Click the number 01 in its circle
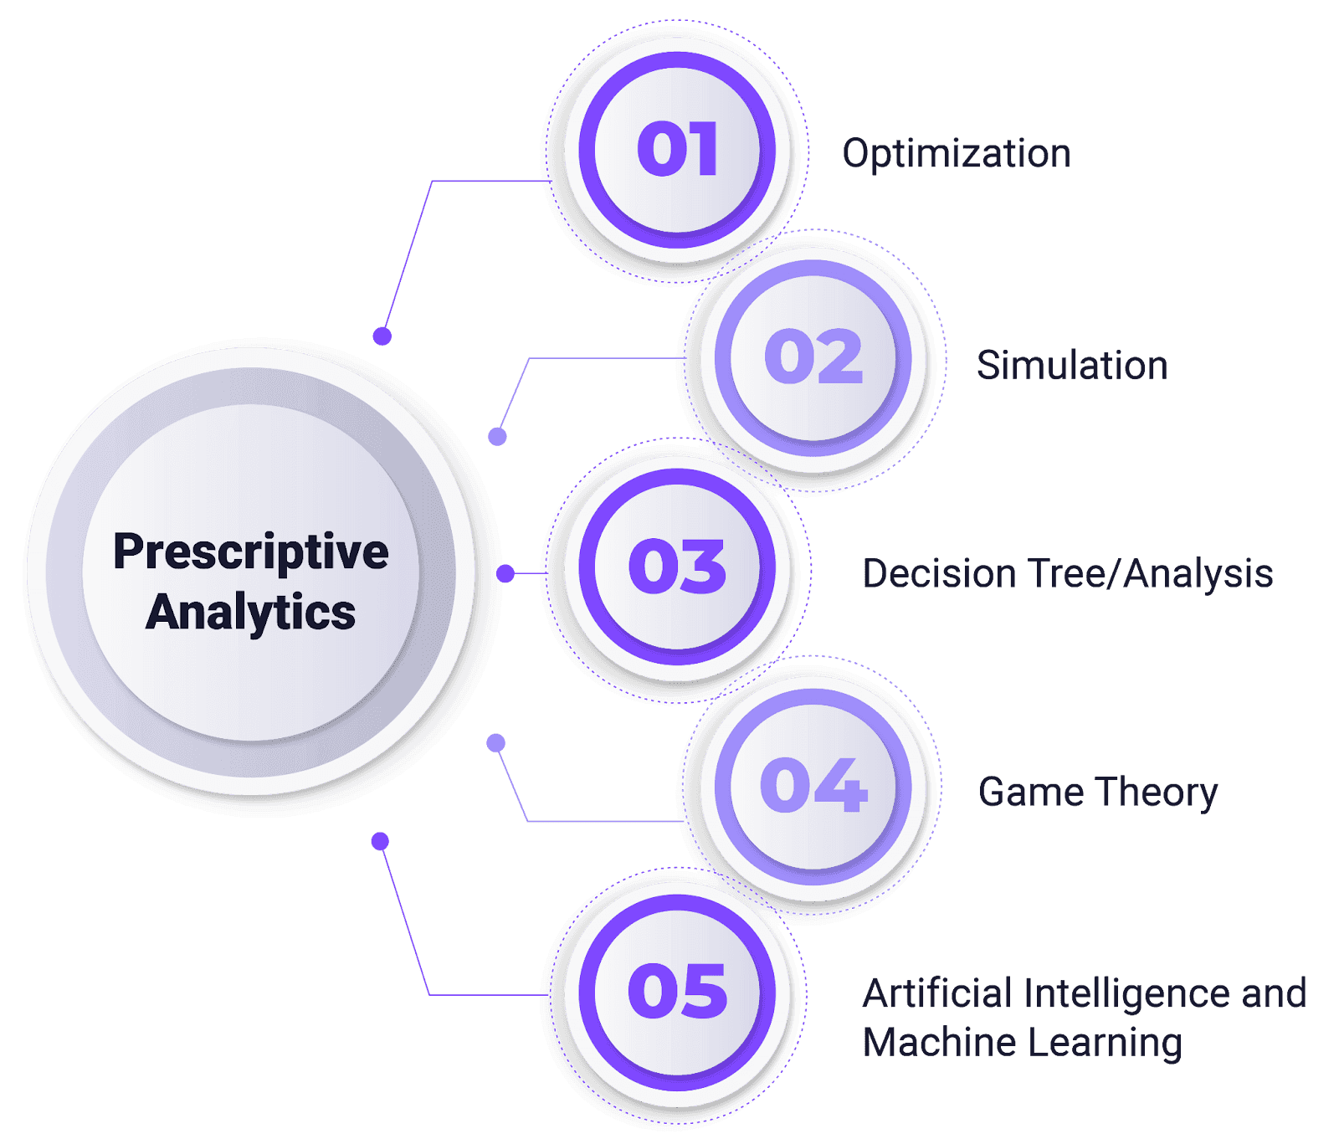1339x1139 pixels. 678,150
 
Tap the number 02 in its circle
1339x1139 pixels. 813,357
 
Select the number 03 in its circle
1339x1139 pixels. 678,567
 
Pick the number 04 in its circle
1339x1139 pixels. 813,786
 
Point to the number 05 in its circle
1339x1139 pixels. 678,991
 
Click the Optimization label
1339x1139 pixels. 957,155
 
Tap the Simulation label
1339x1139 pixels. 1072,367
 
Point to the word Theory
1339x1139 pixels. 1158,793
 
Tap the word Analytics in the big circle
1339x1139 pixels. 251,613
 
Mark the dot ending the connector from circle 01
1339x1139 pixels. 382,336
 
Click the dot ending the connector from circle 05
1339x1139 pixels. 380,840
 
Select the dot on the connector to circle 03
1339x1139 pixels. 505,573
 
